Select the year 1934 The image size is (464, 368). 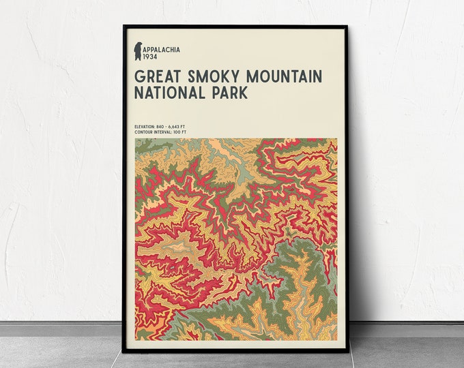click(x=151, y=57)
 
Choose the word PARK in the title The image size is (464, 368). click(x=229, y=92)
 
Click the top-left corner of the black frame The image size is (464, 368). click(x=124, y=27)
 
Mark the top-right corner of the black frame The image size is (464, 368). click(x=347, y=27)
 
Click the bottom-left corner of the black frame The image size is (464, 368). click(x=124, y=352)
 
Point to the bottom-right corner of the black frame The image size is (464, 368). click(x=347, y=352)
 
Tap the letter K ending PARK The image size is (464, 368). click(x=243, y=92)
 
